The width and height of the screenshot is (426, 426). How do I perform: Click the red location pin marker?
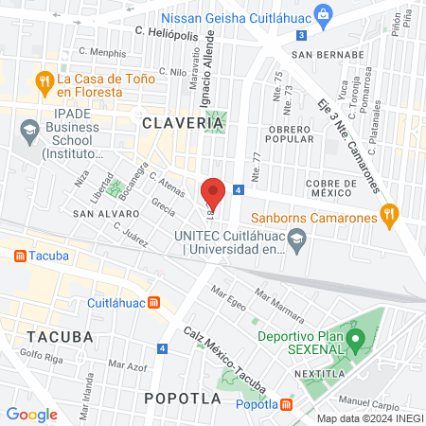pyautogui.click(x=213, y=192)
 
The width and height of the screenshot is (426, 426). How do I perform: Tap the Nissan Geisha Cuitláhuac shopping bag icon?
pyautogui.click(x=324, y=13)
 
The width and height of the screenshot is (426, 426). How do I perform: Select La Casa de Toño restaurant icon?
pyautogui.click(x=43, y=81)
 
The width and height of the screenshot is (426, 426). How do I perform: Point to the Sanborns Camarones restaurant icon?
pyautogui.click(x=387, y=213)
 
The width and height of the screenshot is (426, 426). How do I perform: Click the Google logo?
pyautogui.click(x=32, y=414)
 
